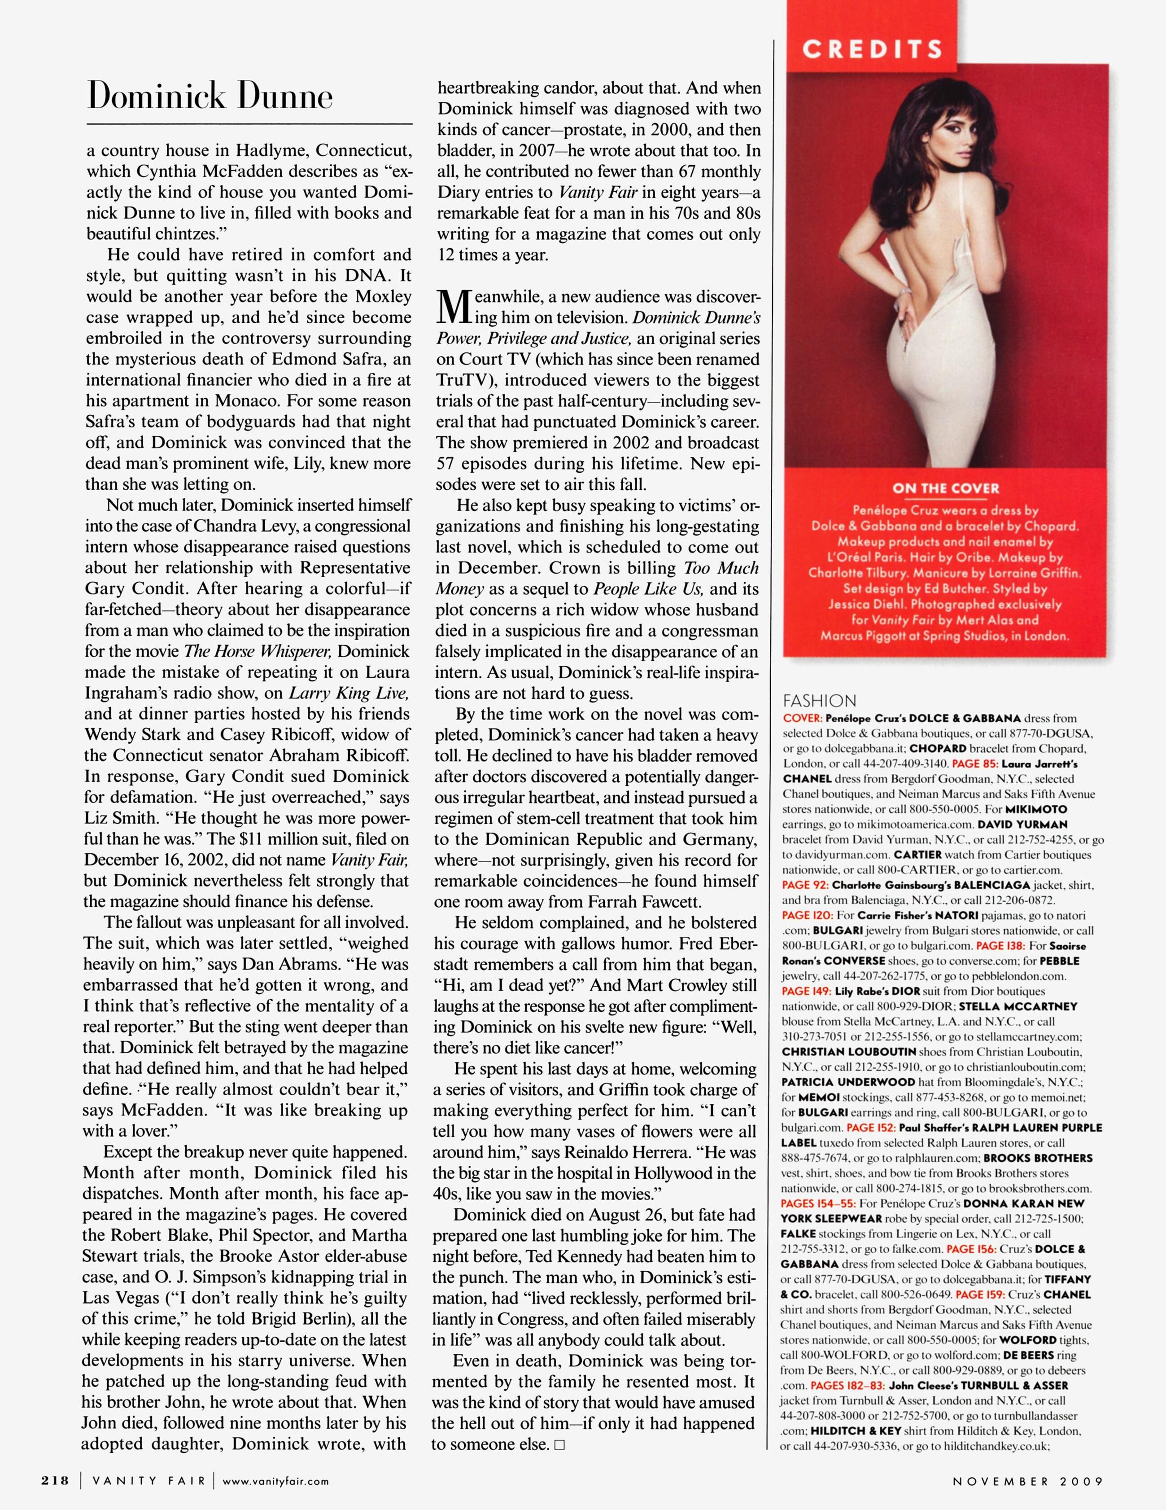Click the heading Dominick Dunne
[x=210, y=96]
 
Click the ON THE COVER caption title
[x=946, y=488]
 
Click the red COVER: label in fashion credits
[x=802, y=718]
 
